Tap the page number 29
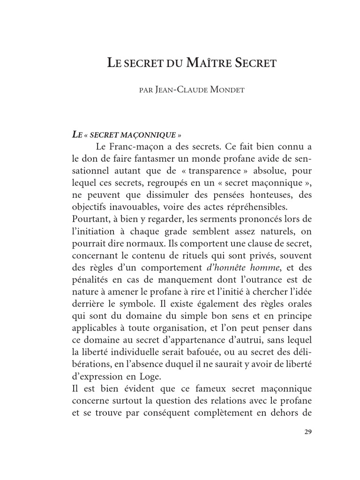pos(307,432)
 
